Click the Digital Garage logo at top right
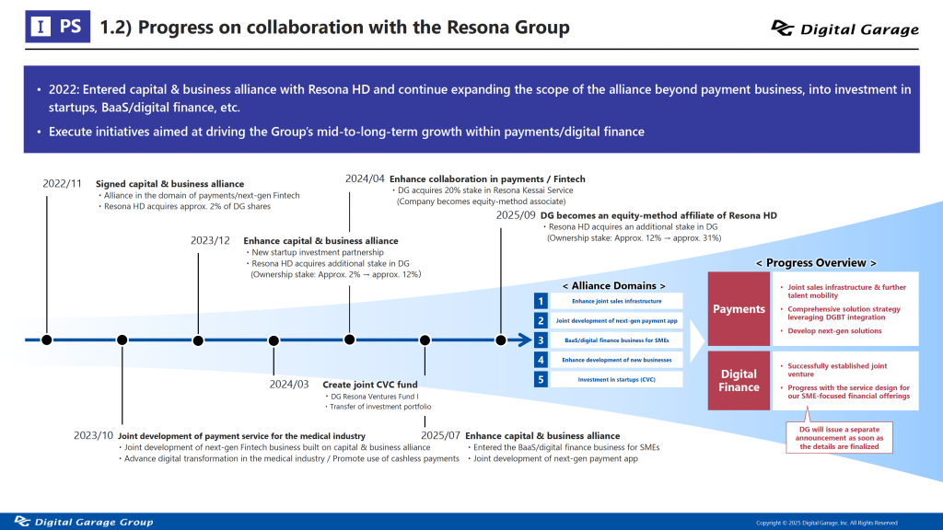[x=844, y=29]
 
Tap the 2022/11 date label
[x=63, y=183]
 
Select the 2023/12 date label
[x=210, y=240]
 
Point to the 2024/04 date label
[x=365, y=179]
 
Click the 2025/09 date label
[x=516, y=215]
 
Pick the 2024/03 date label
[x=289, y=384]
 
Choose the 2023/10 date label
[x=93, y=435]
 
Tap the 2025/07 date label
[x=440, y=435]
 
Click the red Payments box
[x=739, y=309]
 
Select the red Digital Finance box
[x=739, y=381]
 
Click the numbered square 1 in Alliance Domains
[x=541, y=301]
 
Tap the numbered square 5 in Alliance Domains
[x=541, y=379]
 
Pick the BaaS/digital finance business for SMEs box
[x=616, y=340]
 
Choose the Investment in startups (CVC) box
[x=616, y=379]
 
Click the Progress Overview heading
[x=816, y=262]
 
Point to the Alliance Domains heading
[x=613, y=285]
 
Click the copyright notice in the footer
[x=826, y=523]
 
